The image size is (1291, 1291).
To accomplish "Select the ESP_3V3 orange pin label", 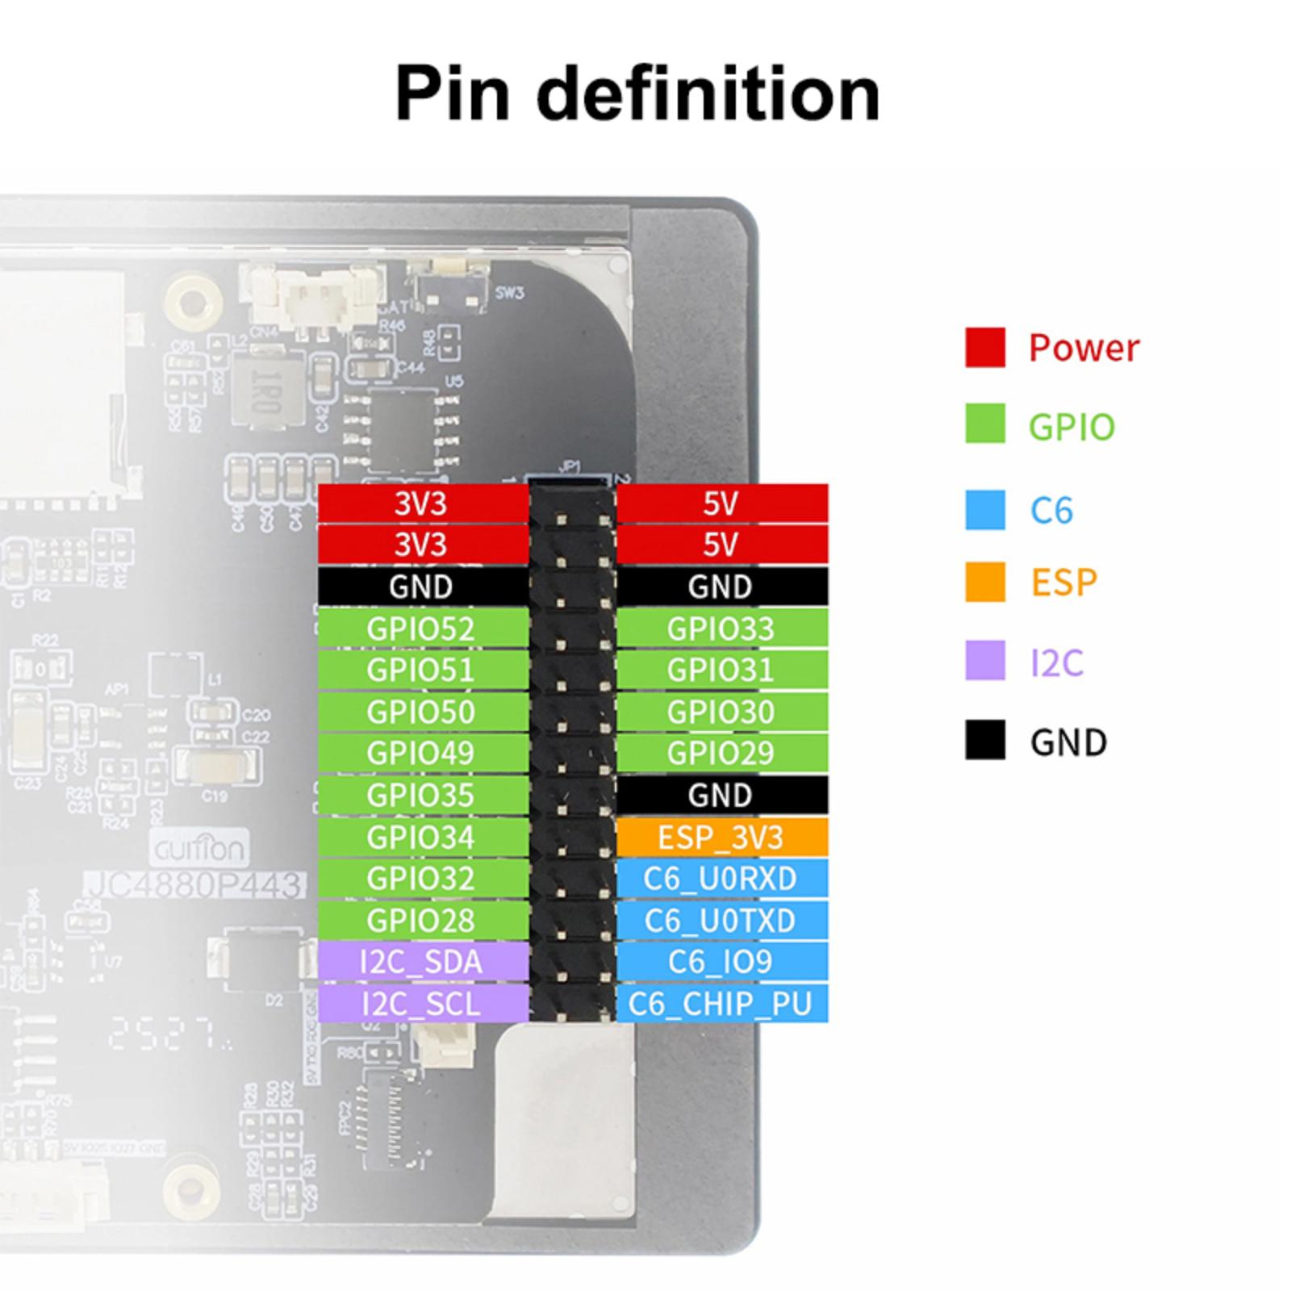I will click(721, 838).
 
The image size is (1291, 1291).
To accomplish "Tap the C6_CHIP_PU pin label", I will click(721, 1004).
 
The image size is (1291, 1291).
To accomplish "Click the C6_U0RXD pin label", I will click(721, 879).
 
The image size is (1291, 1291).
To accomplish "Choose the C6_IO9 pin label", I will click(721, 962).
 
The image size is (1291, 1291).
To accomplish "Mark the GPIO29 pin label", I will click(721, 754).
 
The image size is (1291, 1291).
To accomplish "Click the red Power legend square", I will click(985, 348).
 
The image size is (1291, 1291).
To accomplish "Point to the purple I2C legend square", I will click(985, 661).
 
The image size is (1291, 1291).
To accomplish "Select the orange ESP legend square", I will click(985, 582).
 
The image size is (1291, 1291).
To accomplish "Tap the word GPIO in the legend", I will click(1072, 427).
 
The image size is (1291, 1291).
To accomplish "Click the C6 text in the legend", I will click(1051, 511).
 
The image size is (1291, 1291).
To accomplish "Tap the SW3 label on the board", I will click(509, 293).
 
